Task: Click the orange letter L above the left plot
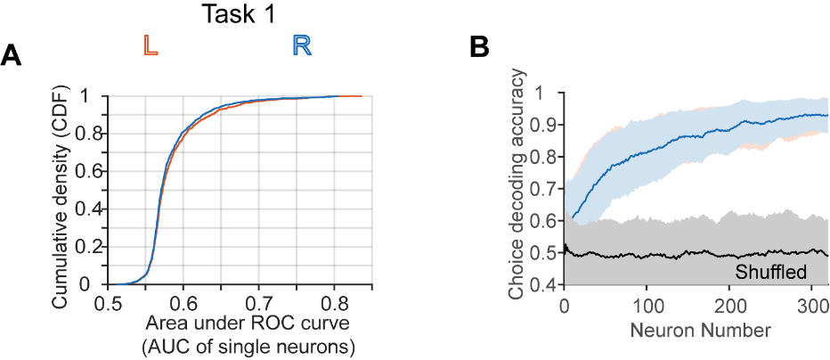click(x=151, y=46)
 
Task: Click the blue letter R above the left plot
click(x=302, y=46)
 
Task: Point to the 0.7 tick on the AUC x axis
click(x=259, y=302)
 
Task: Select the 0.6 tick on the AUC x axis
click(x=183, y=302)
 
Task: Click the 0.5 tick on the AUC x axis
click(x=108, y=302)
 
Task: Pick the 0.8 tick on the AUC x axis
click(x=335, y=302)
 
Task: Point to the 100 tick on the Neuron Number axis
click(x=647, y=307)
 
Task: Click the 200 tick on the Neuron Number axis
click(x=729, y=307)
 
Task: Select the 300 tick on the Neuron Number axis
click(x=811, y=307)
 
